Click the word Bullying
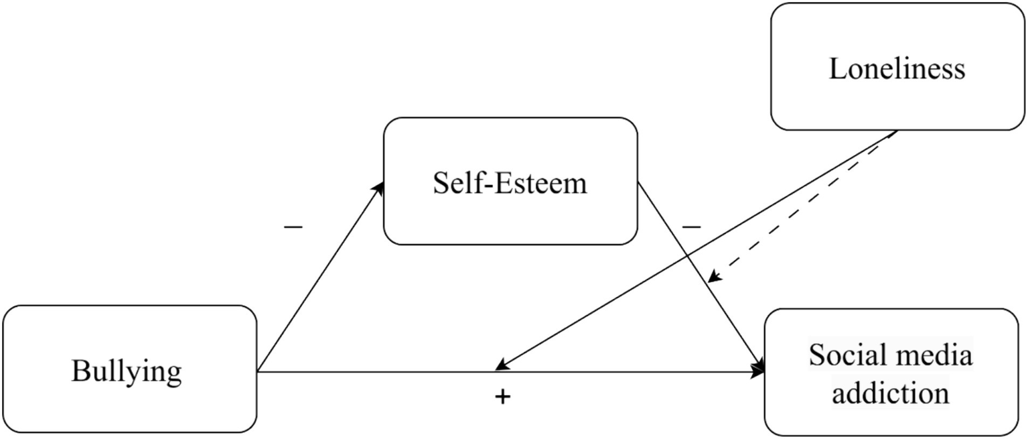coord(126,371)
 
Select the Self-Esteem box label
coord(510,182)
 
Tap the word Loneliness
coord(897,68)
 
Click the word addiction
coord(890,392)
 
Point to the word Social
coord(845,355)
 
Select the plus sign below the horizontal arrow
coord(502,397)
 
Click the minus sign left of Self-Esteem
coord(293,227)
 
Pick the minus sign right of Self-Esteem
coord(691,227)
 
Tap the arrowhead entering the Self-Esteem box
coord(380,186)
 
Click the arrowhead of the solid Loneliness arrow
coord(501,366)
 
